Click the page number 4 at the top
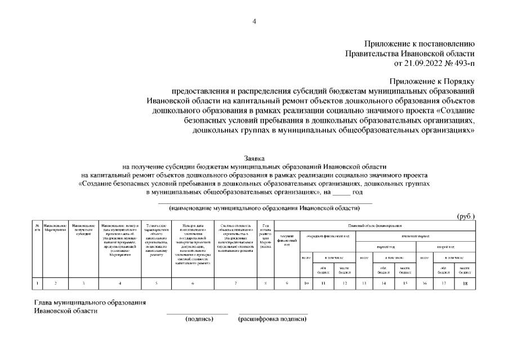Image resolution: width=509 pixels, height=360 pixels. click(254, 21)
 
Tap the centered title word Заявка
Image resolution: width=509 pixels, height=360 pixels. click(254, 159)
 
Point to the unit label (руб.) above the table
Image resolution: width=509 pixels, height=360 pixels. click(466, 216)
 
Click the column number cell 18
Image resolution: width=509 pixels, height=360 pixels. click(465, 283)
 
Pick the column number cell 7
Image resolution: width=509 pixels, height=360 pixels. click(235, 283)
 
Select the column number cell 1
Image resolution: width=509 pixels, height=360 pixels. click(38, 283)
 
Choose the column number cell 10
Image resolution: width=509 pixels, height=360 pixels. click(305, 283)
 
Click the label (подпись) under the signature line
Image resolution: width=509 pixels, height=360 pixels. click(199, 319)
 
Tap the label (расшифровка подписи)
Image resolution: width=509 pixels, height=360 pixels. click(273, 319)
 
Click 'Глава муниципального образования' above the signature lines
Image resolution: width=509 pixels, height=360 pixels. click(90, 303)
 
